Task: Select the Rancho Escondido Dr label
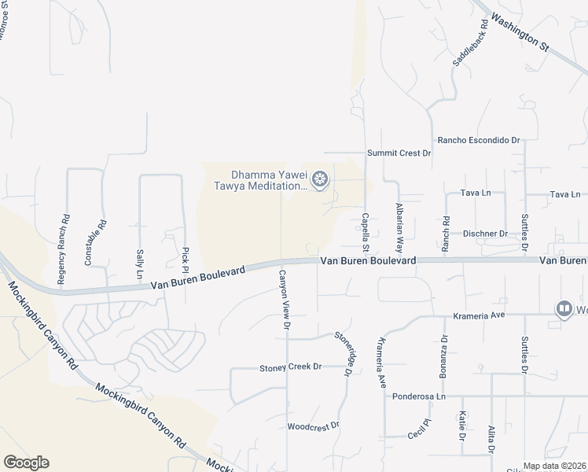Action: [480, 140]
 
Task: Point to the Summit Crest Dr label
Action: [399, 153]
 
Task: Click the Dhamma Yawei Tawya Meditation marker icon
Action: [320, 180]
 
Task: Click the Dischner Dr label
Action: [485, 234]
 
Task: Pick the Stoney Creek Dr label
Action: [291, 367]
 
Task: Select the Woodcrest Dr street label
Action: [313, 426]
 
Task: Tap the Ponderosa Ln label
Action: [419, 396]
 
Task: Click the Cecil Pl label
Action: [419, 429]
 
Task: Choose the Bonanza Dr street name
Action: [444, 356]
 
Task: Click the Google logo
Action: [26, 463]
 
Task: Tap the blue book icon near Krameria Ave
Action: [564, 309]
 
